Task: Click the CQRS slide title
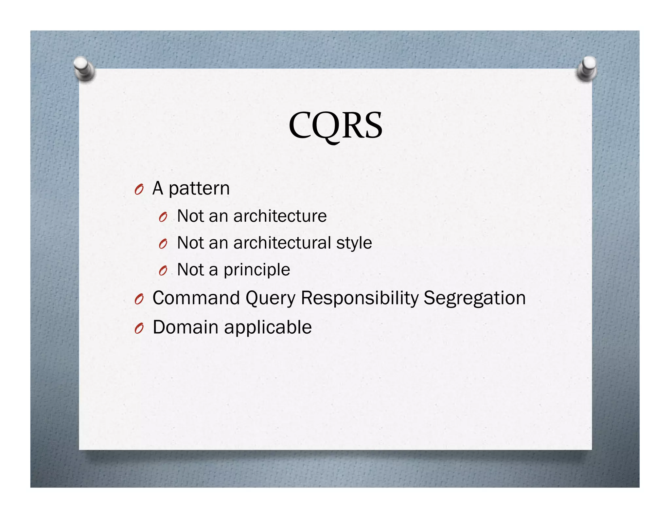point(335,126)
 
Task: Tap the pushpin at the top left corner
point(84,68)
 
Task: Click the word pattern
point(199,189)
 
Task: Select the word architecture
point(280,216)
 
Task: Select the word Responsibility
point(359,299)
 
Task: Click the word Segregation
point(474,299)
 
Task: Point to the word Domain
point(185,327)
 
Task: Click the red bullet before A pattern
point(139,190)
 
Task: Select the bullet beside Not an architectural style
point(163,244)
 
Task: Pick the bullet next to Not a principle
point(163,271)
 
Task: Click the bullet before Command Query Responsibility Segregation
point(139,299)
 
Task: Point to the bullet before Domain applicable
point(139,328)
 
